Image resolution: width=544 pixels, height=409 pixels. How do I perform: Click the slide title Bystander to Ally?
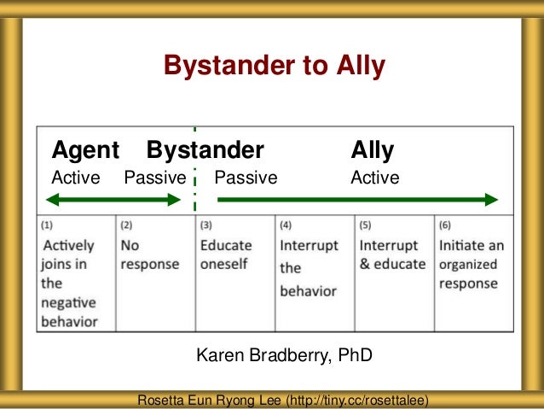(x=274, y=66)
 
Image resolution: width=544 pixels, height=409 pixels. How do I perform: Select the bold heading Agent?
(x=85, y=151)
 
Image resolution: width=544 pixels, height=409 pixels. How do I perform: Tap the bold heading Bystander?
(x=205, y=151)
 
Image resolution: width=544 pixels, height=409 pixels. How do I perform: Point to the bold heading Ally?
(x=373, y=151)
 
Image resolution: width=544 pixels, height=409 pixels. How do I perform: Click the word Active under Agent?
(x=76, y=178)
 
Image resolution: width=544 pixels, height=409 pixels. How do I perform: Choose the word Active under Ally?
(x=374, y=178)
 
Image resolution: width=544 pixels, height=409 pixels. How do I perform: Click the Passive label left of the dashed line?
(x=154, y=178)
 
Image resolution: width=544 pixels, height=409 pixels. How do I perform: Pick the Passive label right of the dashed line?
(x=246, y=178)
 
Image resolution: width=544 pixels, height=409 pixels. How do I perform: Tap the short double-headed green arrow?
(x=113, y=200)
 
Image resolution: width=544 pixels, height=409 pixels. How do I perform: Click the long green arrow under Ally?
(x=357, y=200)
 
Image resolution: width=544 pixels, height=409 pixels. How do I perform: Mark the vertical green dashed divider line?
(x=194, y=171)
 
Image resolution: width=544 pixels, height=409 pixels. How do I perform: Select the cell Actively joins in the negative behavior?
(x=75, y=273)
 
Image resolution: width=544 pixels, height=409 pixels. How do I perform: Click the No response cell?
(x=154, y=273)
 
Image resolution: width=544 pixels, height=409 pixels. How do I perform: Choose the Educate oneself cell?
(x=234, y=273)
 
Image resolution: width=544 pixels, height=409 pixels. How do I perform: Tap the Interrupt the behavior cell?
(x=314, y=273)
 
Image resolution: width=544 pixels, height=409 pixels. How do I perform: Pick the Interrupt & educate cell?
(x=393, y=273)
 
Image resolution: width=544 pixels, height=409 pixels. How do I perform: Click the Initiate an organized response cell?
(x=472, y=273)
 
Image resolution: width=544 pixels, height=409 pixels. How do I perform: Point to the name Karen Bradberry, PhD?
(x=285, y=354)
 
